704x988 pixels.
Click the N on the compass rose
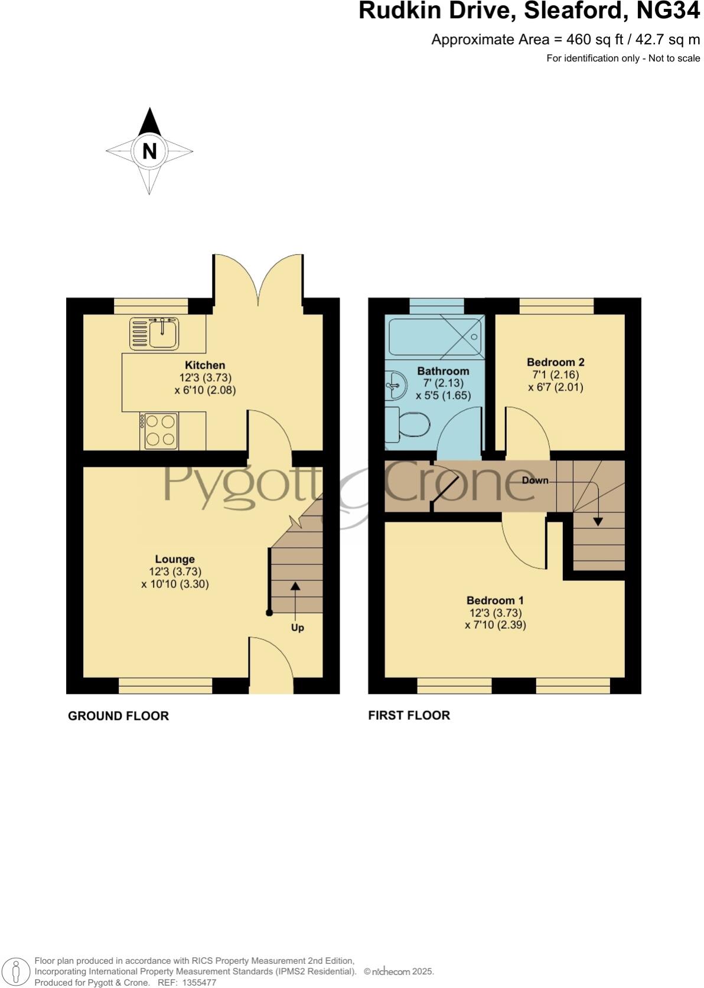149,152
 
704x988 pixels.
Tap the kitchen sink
154,333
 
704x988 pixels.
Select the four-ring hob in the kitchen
159,431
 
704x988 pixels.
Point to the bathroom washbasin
395,385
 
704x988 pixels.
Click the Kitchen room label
205,365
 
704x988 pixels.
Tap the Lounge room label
175,559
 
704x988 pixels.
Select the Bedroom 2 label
555,362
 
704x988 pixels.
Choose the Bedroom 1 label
495,600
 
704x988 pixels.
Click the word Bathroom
443,371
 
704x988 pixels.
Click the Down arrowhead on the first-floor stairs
597,522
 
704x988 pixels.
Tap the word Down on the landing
534,480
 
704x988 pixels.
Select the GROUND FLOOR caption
118,716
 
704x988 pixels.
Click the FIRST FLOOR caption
409,716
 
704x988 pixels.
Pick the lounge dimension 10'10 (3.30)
175,584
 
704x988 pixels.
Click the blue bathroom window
436,306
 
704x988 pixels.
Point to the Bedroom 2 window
556,306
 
